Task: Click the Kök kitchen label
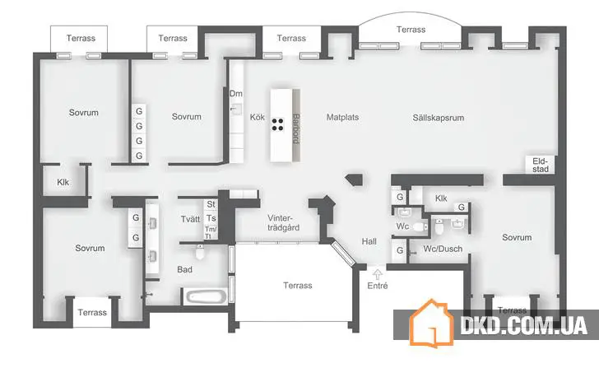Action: tap(258, 117)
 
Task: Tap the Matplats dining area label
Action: tap(341, 117)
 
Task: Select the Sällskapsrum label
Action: tap(439, 118)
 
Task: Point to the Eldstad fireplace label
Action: tap(540, 165)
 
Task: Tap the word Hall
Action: tap(369, 241)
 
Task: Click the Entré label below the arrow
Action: tap(378, 286)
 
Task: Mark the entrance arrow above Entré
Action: tap(378, 273)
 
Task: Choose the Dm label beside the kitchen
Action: tap(236, 94)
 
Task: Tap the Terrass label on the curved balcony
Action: tap(411, 30)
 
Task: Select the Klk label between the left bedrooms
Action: tap(63, 183)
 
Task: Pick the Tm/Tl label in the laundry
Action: tap(210, 231)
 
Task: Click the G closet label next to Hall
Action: tap(399, 249)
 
